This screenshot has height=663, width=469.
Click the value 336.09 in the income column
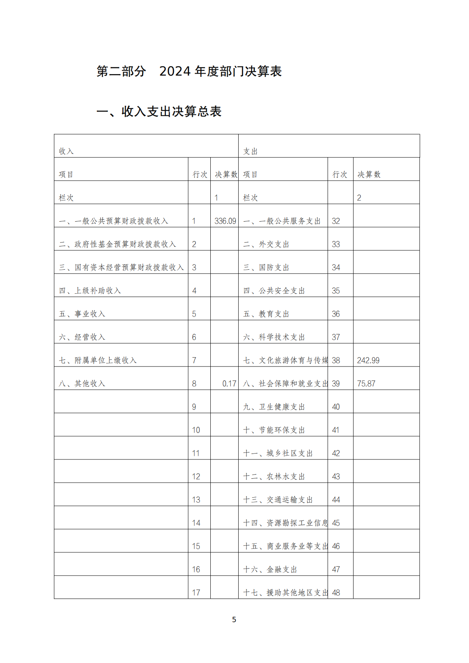point(225,221)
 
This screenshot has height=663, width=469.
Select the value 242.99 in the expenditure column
point(368,361)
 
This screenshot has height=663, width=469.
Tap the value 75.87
point(366,384)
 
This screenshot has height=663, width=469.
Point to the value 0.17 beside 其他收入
point(229,384)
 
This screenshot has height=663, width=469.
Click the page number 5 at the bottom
point(234,620)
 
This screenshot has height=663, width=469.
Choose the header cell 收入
point(66,152)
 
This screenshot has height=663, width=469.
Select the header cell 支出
point(250,152)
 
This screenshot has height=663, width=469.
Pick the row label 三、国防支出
point(266,268)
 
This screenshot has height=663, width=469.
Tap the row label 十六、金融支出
point(270,570)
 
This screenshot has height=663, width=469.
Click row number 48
point(336,593)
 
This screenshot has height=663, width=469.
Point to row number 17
point(196,593)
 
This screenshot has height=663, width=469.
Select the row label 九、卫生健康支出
point(274,407)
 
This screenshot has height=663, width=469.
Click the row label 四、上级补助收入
point(90,291)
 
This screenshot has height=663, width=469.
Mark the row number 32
point(336,221)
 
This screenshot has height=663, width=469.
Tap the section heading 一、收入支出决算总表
point(159,112)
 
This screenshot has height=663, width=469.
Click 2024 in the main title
point(175,71)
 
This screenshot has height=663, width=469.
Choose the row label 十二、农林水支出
point(274,477)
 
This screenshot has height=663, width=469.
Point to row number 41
point(336,430)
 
